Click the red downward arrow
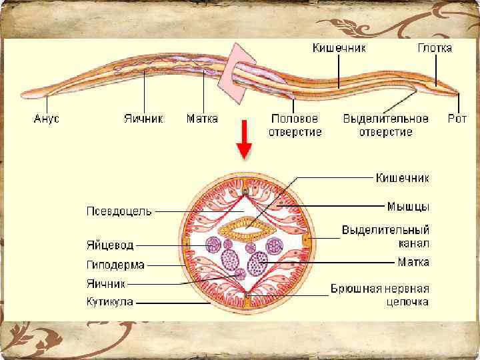pyautogui.click(x=244, y=141)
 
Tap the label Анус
pyautogui.click(x=47, y=119)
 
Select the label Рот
pyautogui.click(x=457, y=119)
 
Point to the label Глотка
pyautogui.click(x=435, y=48)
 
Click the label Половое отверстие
pyautogui.click(x=295, y=125)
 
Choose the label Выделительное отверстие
pyautogui.click(x=385, y=125)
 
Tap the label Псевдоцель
pyautogui.click(x=119, y=211)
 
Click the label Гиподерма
pyautogui.click(x=115, y=265)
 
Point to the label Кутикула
pyautogui.click(x=110, y=302)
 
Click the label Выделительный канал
pyautogui.click(x=385, y=236)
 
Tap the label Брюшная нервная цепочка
pyautogui.click(x=380, y=295)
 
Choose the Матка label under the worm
pyautogui.click(x=202, y=119)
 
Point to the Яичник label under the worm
pyautogui.click(x=143, y=119)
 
